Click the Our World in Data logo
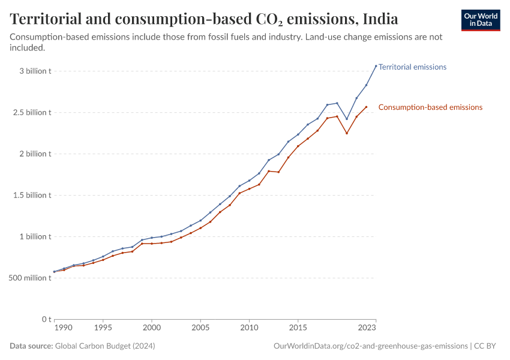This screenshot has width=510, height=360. click(480, 20)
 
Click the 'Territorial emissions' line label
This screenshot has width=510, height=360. click(412, 67)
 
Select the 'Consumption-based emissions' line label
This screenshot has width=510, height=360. click(430, 107)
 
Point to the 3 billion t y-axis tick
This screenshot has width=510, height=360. click(35, 71)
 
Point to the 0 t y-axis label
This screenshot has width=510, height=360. click(46, 319)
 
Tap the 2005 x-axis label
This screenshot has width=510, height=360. click(200, 328)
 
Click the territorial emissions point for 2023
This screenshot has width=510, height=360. click(376, 66)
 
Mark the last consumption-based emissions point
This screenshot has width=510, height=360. click(367, 107)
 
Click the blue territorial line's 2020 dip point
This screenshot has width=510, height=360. click(347, 119)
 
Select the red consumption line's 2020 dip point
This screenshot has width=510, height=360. click(347, 133)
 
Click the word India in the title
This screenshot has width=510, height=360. click(379, 19)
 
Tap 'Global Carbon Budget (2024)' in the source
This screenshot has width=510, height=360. click(105, 346)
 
